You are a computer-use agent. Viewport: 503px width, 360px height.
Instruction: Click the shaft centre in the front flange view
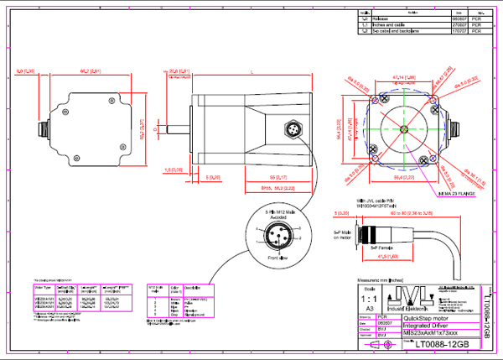pos(405,130)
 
